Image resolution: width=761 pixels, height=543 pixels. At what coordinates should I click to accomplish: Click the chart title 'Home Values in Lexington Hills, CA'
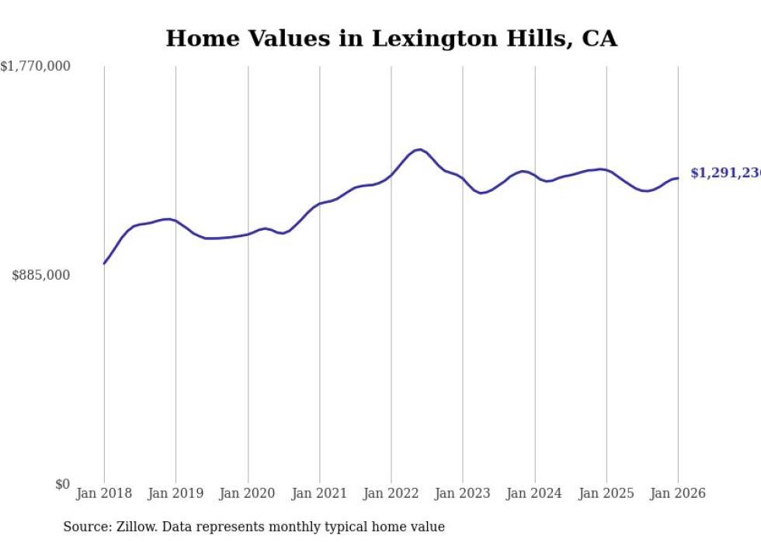391,39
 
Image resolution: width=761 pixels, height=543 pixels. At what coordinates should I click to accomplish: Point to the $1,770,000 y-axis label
36,67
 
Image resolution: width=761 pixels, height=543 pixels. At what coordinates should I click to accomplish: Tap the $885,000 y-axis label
41,275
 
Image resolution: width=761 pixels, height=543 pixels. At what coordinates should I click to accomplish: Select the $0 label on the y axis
63,485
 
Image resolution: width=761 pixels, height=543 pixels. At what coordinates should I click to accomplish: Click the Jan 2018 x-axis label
104,494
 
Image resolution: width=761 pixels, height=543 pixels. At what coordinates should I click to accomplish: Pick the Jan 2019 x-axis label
175,494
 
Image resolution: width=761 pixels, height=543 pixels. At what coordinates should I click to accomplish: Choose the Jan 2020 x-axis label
248,494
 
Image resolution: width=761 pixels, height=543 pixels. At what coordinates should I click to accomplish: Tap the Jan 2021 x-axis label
319,494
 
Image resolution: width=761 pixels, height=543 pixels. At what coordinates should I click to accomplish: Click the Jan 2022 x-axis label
391,494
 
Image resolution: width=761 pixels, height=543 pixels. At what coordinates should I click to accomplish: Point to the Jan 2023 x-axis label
463,494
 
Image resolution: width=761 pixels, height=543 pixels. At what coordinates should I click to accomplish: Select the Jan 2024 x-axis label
535,494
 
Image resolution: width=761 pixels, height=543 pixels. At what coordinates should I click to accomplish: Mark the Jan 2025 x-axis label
606,494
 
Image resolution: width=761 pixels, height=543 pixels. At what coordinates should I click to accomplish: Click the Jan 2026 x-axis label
678,494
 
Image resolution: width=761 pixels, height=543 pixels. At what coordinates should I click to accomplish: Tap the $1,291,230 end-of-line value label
725,173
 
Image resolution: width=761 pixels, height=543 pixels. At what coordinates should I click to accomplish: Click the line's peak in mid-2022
419,149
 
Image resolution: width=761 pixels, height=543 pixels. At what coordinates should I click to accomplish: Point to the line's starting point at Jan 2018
104,263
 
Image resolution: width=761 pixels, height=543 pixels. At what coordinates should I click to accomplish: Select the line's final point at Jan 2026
678,179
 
